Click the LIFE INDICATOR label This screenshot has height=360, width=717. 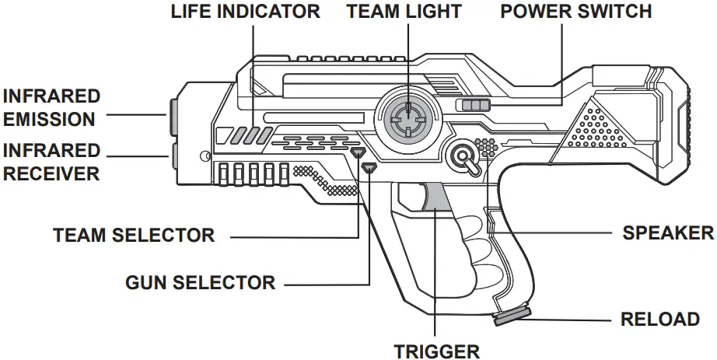[245, 12]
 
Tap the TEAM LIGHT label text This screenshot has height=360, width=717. [404, 12]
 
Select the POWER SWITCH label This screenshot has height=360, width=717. [575, 12]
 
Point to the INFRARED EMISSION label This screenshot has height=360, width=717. [51, 108]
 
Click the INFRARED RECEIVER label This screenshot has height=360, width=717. [51, 162]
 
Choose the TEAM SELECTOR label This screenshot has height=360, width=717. [134, 235]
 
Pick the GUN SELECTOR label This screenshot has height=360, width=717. [201, 282]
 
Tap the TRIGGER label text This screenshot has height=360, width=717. [436, 351]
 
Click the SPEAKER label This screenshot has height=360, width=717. [668, 232]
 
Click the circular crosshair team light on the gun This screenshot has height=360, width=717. [406, 118]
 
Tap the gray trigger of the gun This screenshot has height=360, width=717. [435, 195]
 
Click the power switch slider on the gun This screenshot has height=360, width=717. [474, 106]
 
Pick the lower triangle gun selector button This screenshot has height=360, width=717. [369, 166]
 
